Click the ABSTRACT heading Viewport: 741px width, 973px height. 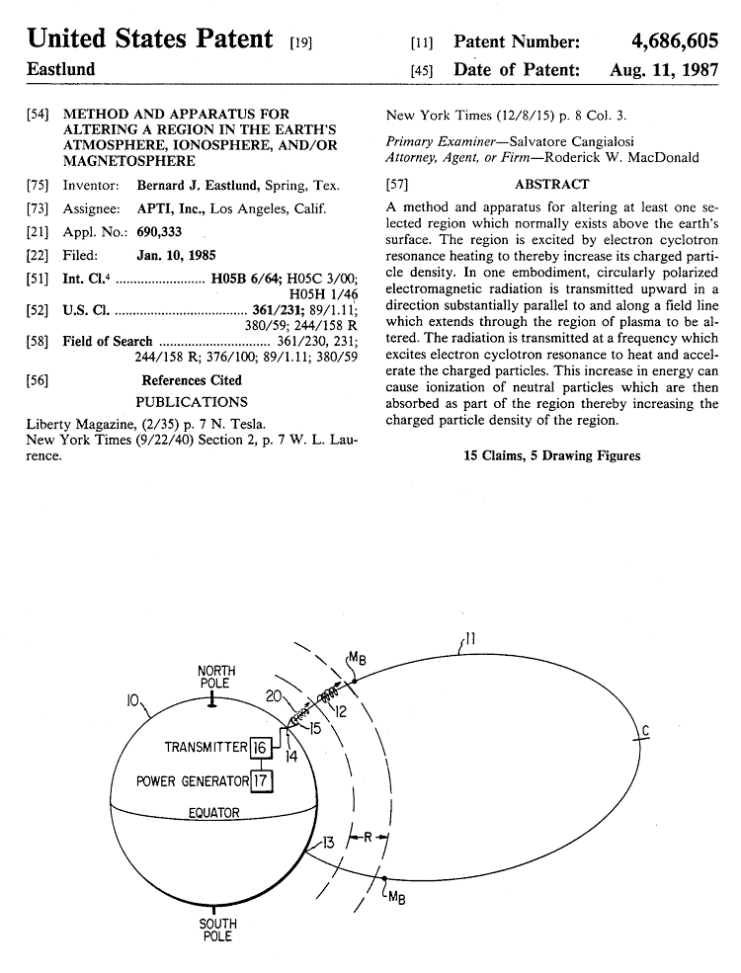551,184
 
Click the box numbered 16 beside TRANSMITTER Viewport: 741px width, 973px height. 259,746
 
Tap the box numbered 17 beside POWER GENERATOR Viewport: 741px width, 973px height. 262,781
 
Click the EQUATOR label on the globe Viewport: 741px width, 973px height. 213,813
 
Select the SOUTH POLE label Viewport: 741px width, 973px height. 217,930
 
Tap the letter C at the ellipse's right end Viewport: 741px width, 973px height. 644,731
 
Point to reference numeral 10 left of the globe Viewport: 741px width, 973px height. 132,700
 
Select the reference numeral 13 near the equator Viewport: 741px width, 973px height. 327,843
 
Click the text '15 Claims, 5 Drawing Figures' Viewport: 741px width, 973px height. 551,455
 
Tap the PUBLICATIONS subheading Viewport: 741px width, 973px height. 192,402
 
